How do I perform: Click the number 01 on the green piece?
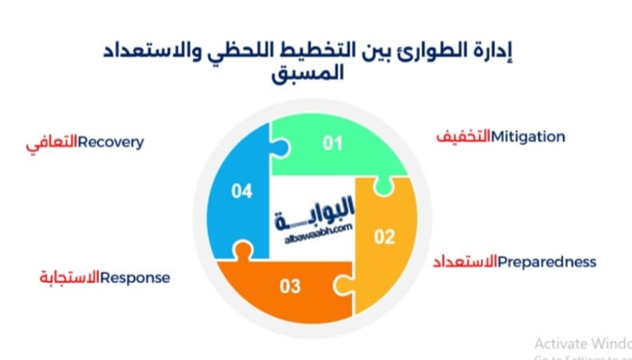tap(332, 144)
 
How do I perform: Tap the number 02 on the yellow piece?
tap(385, 237)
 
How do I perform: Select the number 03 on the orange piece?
tap(290, 285)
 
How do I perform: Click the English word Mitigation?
tap(529, 137)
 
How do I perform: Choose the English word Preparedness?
tap(546, 262)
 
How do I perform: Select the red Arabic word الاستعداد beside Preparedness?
tap(465, 262)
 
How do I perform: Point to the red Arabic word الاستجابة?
tap(70, 278)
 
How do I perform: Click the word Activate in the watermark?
tap(558, 342)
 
